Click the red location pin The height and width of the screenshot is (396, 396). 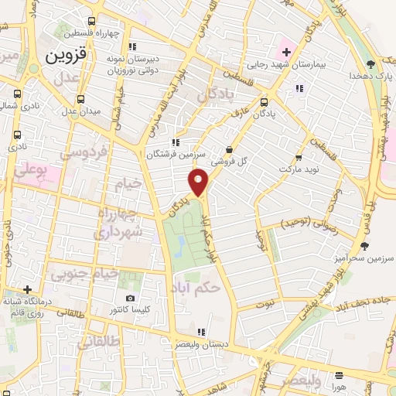tap(199, 183)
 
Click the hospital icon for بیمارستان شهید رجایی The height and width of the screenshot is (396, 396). tap(286, 53)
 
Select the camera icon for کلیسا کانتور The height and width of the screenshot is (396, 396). tap(130, 299)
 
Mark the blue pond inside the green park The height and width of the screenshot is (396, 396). tap(179, 247)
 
